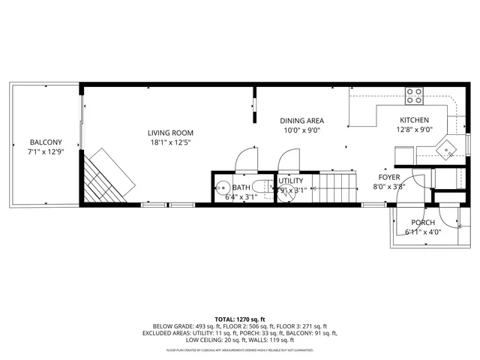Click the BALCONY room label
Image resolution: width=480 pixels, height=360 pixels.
(45, 142)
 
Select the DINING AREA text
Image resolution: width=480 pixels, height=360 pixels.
(301, 120)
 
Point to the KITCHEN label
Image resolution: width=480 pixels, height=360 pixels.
(414, 120)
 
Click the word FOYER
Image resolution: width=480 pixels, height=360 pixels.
(388, 178)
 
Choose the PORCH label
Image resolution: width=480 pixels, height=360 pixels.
(423, 223)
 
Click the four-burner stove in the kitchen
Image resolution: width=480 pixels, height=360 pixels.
(414, 94)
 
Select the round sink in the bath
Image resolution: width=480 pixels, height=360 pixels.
(222, 187)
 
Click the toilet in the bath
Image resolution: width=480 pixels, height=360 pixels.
(259, 187)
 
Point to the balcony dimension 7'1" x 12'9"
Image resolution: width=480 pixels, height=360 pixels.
(45, 151)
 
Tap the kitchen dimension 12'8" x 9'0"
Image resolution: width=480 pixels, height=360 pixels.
(414, 130)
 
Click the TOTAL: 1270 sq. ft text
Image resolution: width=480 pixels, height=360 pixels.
(240, 319)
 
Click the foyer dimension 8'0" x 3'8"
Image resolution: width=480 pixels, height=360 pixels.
(388, 187)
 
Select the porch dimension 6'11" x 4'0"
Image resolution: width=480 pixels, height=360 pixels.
(423, 232)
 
